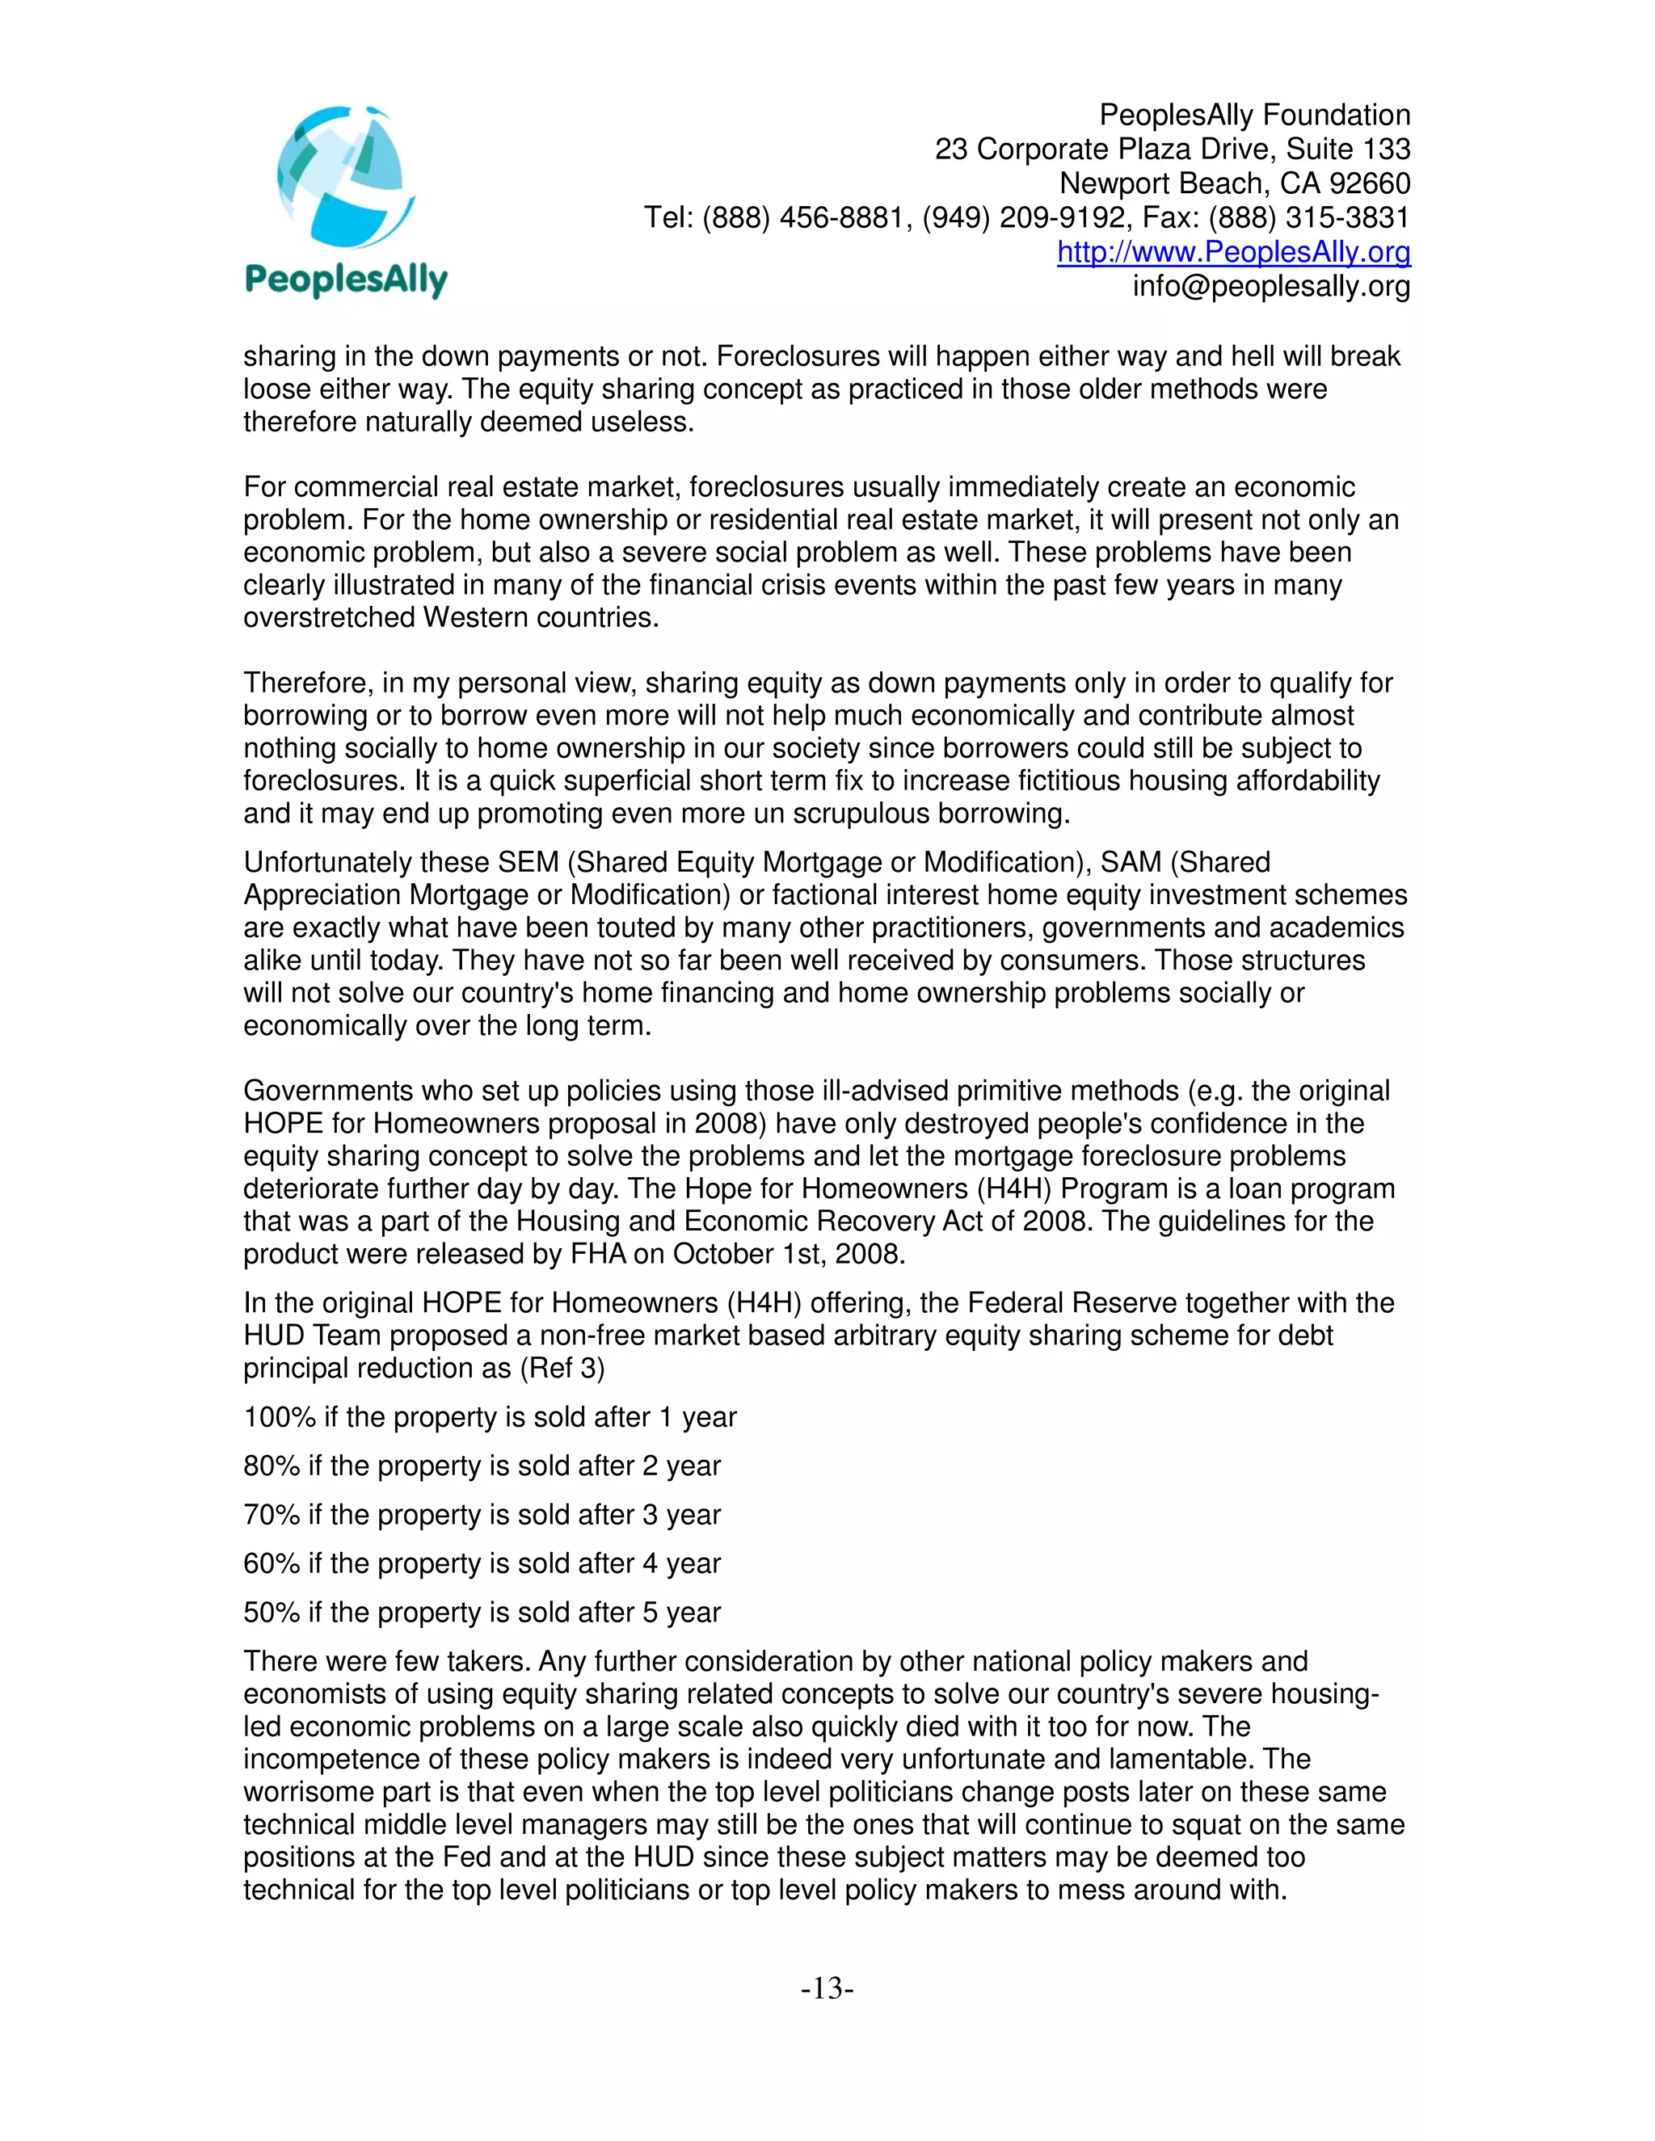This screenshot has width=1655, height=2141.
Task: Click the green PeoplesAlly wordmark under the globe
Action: tap(346, 281)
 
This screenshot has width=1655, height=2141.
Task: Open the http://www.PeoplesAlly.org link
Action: tap(1233, 252)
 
